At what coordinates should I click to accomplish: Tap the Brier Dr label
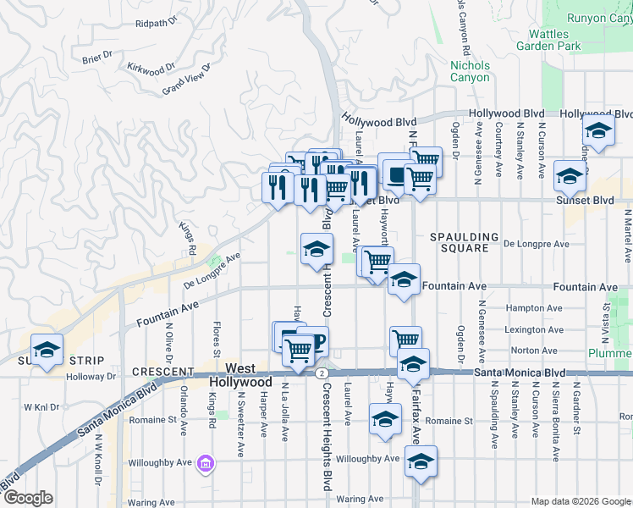(97, 57)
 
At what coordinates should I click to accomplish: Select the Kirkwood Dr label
(151, 67)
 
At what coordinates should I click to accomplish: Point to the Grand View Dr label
(185, 83)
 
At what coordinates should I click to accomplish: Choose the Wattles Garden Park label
(555, 40)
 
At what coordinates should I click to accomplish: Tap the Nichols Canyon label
(470, 71)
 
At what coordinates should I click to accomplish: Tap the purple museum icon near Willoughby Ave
(206, 463)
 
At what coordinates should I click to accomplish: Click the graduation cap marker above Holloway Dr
(47, 349)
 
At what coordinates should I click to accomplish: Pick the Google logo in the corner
(27, 498)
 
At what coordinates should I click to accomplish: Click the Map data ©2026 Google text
(580, 501)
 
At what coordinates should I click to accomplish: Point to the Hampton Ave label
(533, 308)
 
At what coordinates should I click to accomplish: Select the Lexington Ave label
(533, 329)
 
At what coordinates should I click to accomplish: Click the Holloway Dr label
(90, 378)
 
